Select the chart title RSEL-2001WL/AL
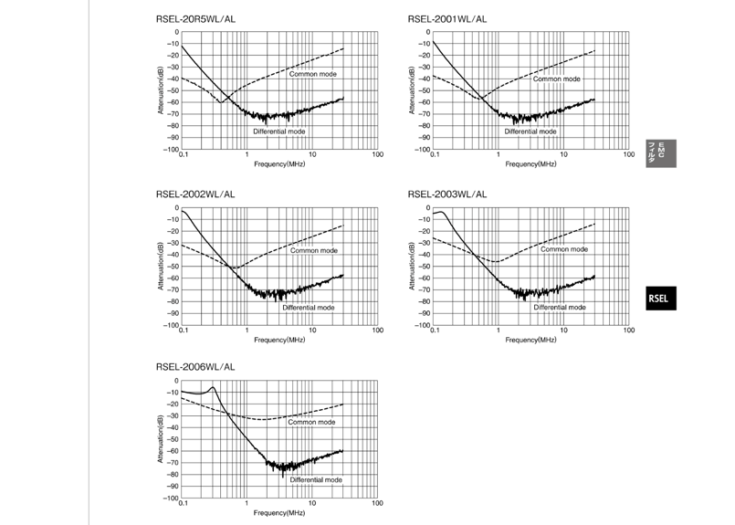(447, 18)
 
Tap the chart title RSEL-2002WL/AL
(195, 194)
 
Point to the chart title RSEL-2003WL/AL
(447, 194)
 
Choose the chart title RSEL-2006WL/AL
(195, 367)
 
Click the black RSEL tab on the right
(659, 298)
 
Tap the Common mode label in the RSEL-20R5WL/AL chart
(312, 73)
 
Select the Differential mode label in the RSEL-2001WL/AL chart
(530, 131)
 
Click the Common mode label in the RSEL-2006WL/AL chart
(311, 422)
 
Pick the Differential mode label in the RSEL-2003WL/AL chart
(560, 308)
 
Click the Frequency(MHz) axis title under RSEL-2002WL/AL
(279, 340)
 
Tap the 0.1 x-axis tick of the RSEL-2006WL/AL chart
(184, 504)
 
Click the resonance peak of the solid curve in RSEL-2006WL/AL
(214, 387)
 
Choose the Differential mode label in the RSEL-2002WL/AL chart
(308, 308)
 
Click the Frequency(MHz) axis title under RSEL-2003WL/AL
(532, 340)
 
